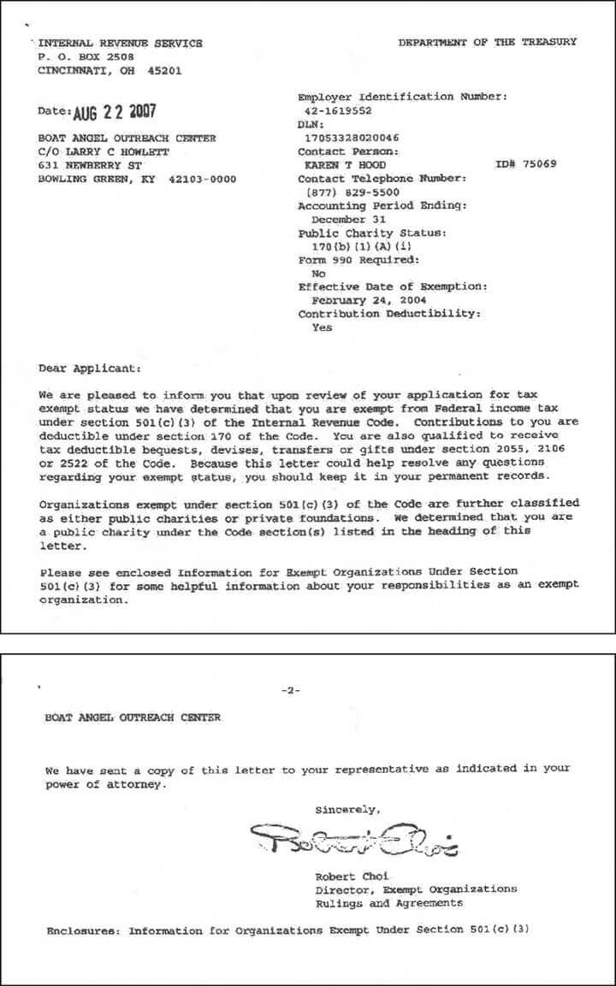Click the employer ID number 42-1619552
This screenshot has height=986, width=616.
coord(341,111)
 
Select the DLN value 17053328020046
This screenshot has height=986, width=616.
coord(352,138)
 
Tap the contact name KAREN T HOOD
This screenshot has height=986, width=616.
coord(346,165)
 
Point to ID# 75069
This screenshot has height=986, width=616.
coord(525,165)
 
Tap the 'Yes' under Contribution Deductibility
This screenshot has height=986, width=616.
coord(322,328)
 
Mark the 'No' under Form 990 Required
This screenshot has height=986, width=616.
coord(319,274)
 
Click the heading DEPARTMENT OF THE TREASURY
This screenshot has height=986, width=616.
coord(487,42)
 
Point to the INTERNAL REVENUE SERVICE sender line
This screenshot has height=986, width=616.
coord(121,44)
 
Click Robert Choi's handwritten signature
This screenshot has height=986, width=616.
coord(354,840)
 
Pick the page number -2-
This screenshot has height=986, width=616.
coord(291,690)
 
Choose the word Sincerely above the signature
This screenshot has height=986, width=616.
coord(347,809)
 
